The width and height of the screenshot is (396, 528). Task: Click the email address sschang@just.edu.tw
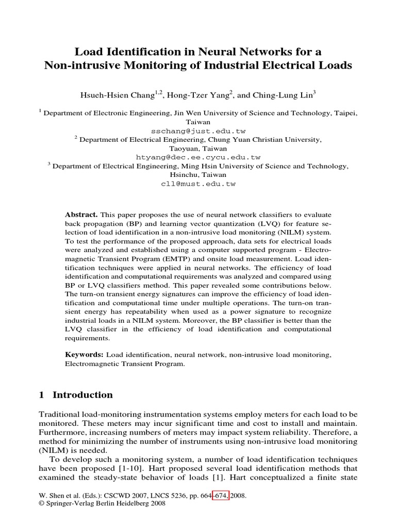click(x=198, y=130)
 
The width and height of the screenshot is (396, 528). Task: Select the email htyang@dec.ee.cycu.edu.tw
click(x=198, y=157)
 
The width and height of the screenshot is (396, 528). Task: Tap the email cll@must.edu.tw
click(x=198, y=183)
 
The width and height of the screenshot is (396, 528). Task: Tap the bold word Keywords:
click(x=84, y=355)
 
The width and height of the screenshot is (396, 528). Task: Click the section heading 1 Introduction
click(x=76, y=395)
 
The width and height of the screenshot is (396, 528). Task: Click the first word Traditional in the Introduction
click(x=60, y=414)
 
